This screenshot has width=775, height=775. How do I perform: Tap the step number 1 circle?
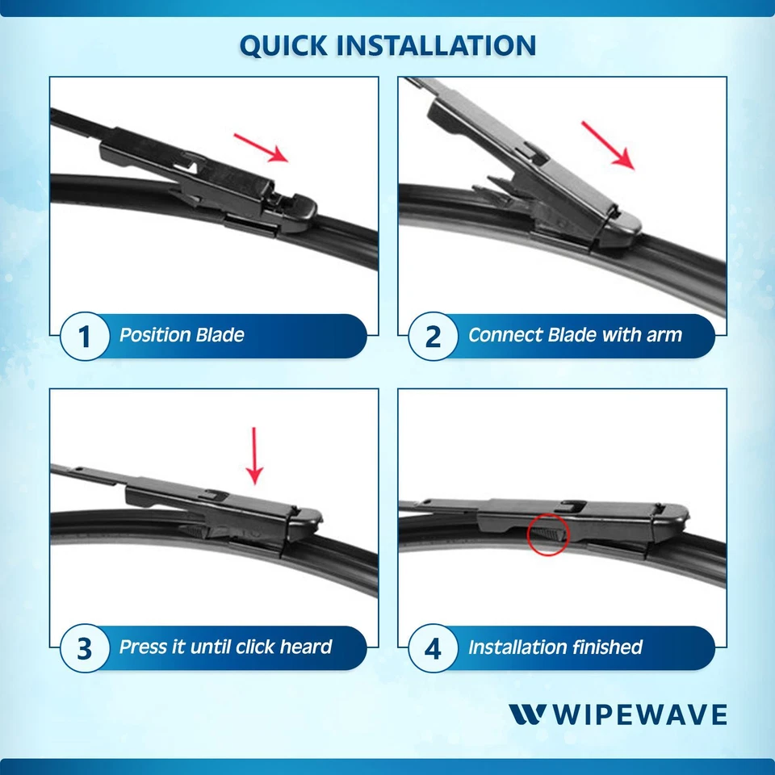[85, 336]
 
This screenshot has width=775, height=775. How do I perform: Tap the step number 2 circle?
[433, 336]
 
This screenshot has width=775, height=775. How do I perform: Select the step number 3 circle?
[85, 648]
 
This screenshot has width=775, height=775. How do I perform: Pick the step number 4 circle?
[433, 648]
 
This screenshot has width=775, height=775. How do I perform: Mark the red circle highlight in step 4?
[548, 534]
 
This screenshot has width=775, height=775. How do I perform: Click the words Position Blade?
[182, 335]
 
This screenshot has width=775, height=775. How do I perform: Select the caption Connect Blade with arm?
[575, 335]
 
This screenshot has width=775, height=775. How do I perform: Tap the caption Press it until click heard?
[225, 647]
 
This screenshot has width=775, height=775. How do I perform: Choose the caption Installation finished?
[555, 647]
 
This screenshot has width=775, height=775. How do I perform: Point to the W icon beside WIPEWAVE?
[528, 715]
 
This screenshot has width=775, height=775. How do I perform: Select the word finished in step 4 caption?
[607, 647]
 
